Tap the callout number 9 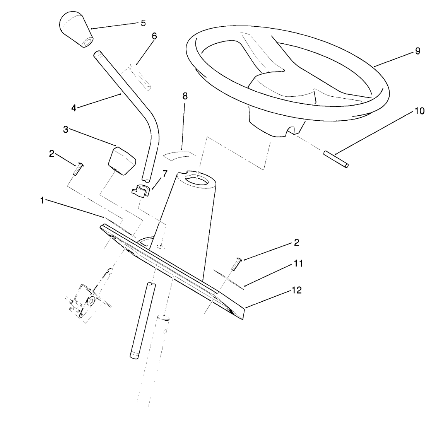pos(417,51)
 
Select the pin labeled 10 pos(335,159)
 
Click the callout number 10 pos(419,111)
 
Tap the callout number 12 pos(296,290)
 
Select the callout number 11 pos(298,263)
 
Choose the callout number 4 pos(74,107)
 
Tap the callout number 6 pos(154,36)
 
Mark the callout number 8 pos(185,96)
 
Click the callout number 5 pos(143,23)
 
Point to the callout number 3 pos(66,130)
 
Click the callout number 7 pos(165,174)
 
